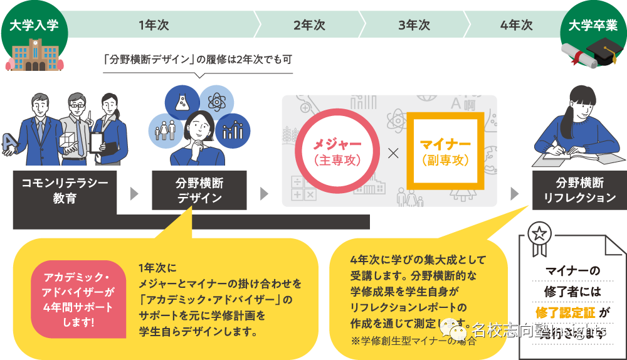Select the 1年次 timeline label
(x=154, y=26)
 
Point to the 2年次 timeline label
(x=309, y=26)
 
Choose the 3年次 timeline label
(x=414, y=26)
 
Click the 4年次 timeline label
(x=517, y=26)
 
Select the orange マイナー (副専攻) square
(x=445, y=151)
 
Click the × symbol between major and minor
(x=392, y=152)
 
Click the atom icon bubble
(x=216, y=102)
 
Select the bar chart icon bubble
(x=233, y=130)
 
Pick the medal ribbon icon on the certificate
(x=538, y=238)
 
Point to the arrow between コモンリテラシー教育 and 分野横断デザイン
(x=134, y=193)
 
